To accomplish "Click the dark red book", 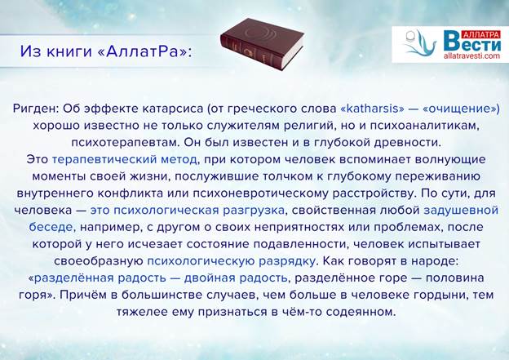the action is (262, 43).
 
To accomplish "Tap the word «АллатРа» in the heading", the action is (142, 51).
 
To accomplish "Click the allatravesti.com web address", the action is (471, 56).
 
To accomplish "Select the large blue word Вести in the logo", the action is (472, 42).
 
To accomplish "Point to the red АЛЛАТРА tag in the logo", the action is (481, 34).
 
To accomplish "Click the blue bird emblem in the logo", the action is (418, 43).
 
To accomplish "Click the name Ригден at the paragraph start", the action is (36, 109).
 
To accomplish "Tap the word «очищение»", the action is (458, 109).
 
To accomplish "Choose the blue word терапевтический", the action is (104, 159).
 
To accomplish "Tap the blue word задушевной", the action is (461, 211).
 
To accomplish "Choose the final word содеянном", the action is (361, 312).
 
